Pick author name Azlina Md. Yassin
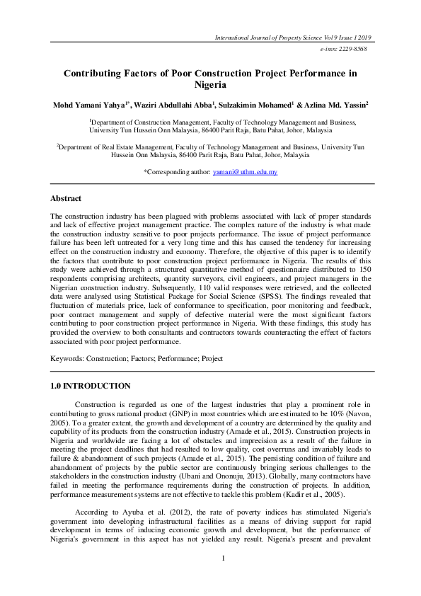pos(342,105)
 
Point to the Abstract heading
pos(66,198)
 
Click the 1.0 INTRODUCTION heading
pos(91,386)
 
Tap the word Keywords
pos(67,359)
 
